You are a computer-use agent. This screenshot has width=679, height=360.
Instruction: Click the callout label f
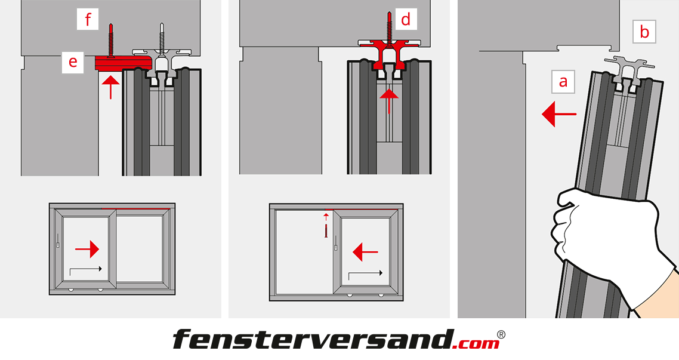(88, 20)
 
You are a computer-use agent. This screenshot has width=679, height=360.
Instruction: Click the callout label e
(73, 62)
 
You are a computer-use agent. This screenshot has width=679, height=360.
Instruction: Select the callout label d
(406, 19)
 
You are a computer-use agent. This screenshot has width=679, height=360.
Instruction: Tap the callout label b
(644, 32)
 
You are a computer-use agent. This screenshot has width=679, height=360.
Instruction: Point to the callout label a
(563, 81)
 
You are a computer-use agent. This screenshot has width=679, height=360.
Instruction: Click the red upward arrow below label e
(112, 87)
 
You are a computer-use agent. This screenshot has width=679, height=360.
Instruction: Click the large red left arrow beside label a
(559, 115)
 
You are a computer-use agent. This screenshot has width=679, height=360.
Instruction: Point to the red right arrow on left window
(87, 249)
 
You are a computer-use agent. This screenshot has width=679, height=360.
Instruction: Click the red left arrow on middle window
(366, 252)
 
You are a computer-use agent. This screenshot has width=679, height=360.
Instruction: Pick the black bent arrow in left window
(86, 271)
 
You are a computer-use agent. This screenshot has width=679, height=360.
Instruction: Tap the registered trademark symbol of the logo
(501, 334)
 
